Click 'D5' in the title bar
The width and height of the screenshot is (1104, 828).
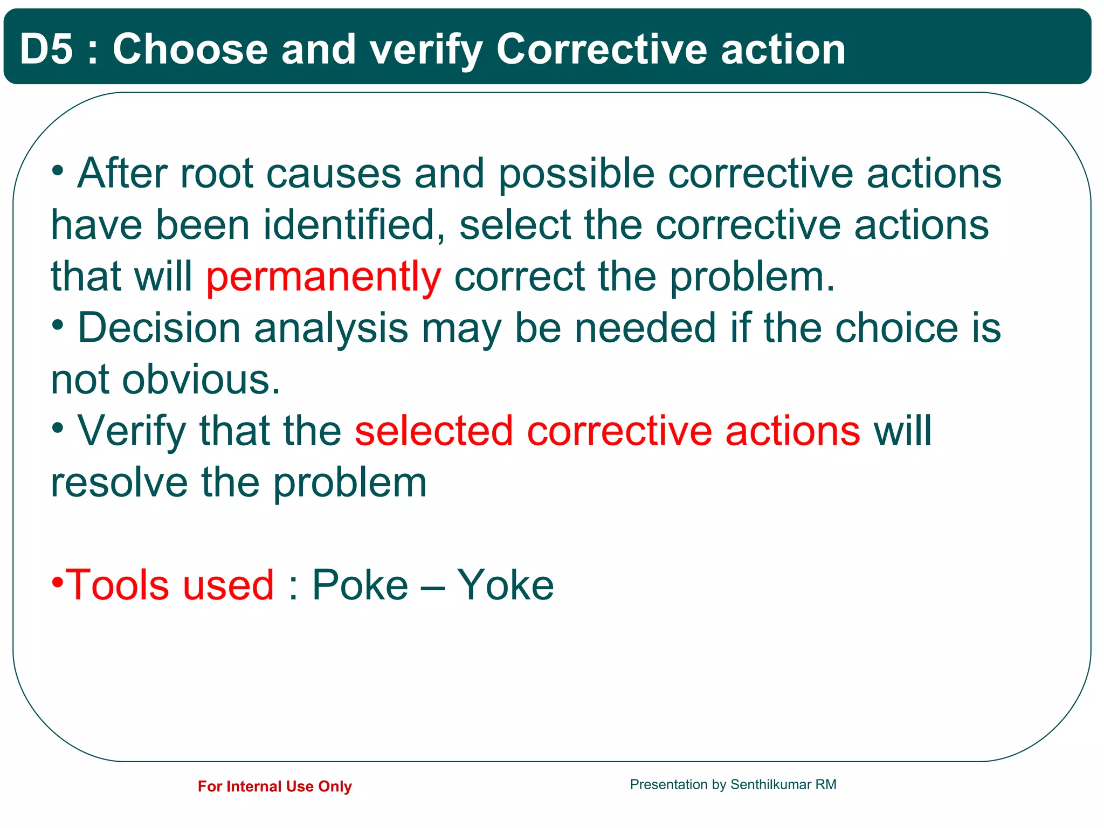(x=46, y=49)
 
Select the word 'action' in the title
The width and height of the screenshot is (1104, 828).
(x=783, y=49)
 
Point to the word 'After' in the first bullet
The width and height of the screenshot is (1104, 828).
(x=122, y=174)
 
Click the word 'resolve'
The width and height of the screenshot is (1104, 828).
(x=119, y=482)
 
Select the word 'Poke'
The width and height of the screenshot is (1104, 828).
(x=360, y=585)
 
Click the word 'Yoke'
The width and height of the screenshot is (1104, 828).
(x=505, y=585)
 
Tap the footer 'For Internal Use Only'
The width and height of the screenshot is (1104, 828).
(x=274, y=786)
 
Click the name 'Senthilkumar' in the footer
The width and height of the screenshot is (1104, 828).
(x=770, y=784)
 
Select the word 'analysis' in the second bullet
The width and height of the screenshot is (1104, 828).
(x=331, y=328)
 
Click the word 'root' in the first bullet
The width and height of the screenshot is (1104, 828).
(x=216, y=174)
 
